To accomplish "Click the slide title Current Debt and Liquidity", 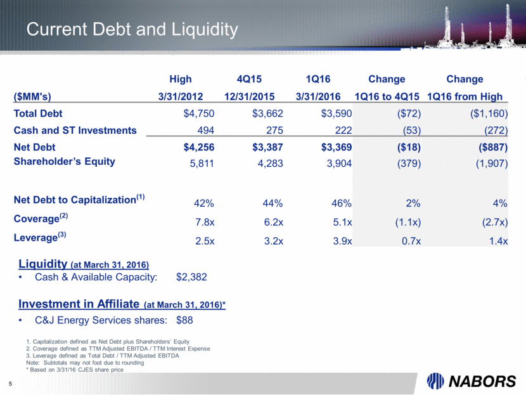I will click(132, 29).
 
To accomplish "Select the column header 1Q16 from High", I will click(466, 96).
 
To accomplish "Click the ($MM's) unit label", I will click(32, 96).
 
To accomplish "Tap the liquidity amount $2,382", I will click(192, 277).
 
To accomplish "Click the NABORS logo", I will click(471, 381).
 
